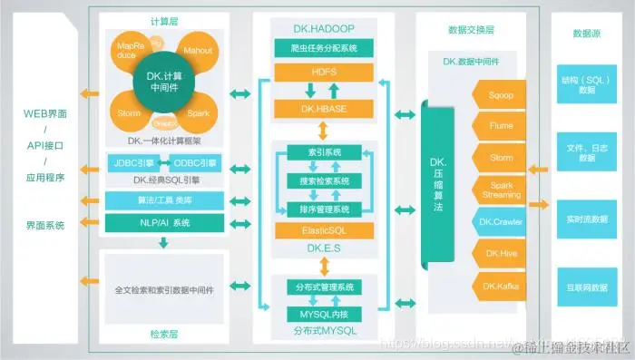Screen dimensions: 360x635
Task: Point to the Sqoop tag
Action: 502,93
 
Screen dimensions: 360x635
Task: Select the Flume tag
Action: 502,125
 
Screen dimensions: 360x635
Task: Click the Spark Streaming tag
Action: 502,190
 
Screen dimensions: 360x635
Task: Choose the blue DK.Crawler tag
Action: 502,222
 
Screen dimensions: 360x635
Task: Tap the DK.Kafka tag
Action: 502,287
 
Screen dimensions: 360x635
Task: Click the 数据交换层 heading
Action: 471,29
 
